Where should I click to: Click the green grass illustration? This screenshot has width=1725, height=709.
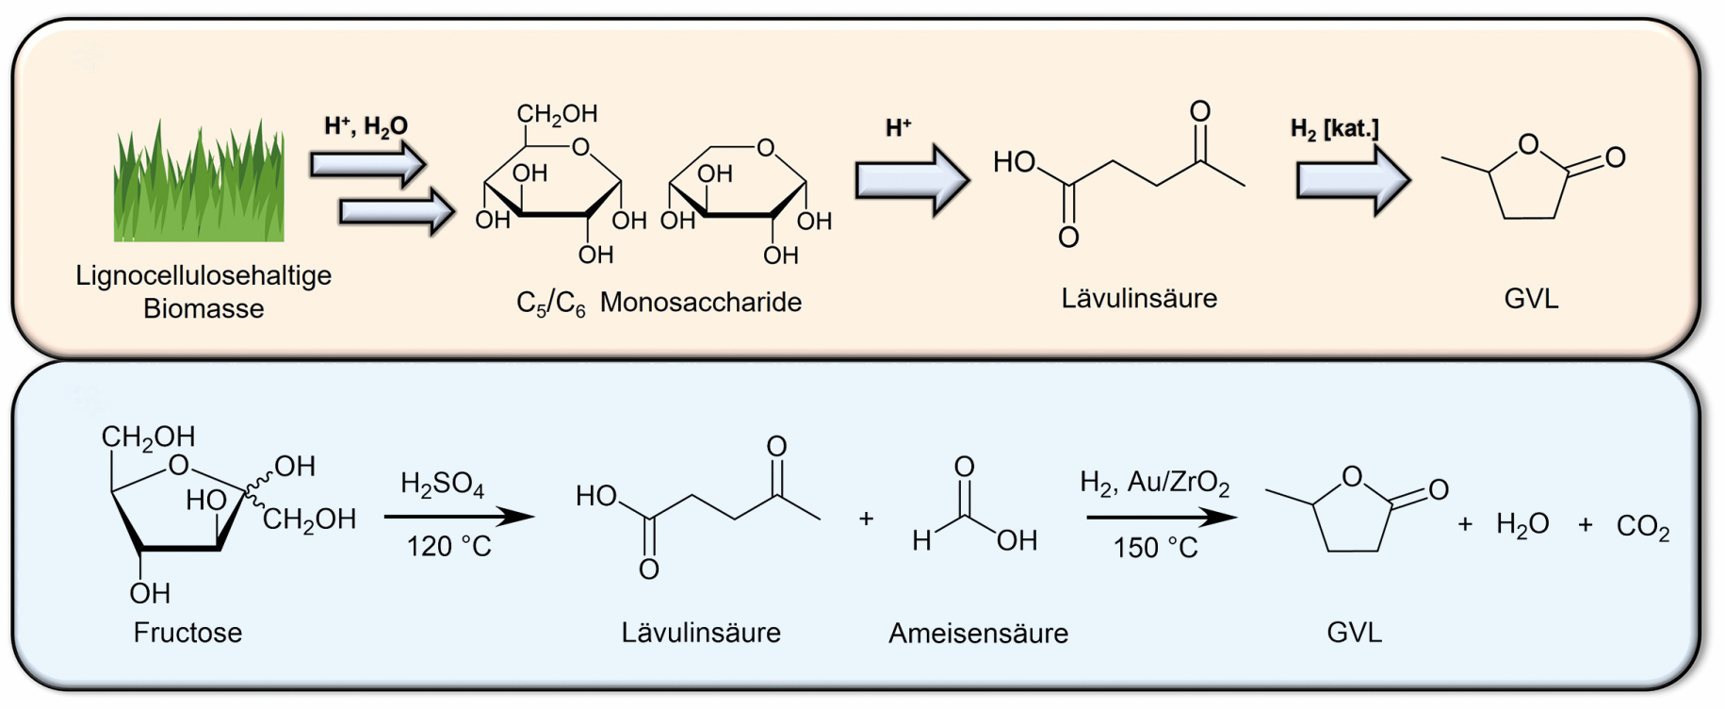[198, 180]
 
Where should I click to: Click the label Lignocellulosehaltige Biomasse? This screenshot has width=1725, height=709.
[203, 291]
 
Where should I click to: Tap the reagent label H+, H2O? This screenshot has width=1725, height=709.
[366, 126]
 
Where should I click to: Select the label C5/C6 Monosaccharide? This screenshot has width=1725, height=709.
[659, 303]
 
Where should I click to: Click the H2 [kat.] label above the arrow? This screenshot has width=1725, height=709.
[1334, 129]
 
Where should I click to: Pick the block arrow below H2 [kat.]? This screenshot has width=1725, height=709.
[1353, 179]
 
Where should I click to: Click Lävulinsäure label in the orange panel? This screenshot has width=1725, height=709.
[1139, 298]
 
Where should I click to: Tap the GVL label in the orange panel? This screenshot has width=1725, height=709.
[1531, 299]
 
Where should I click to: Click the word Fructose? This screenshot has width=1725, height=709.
[187, 632]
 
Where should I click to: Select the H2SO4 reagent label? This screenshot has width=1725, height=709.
[442, 485]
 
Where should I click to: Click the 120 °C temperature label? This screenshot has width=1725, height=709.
[448, 547]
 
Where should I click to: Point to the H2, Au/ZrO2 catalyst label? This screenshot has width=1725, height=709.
[1154, 484]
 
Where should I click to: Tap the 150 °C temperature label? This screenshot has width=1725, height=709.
[1155, 548]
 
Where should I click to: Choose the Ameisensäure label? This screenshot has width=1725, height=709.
[978, 633]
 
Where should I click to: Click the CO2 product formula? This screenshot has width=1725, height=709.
[1643, 526]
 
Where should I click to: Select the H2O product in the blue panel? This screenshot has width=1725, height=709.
[1522, 524]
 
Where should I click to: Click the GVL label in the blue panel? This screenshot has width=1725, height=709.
[1354, 632]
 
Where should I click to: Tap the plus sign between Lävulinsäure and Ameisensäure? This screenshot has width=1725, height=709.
[866, 519]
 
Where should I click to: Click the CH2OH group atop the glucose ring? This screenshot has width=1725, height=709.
[557, 115]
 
